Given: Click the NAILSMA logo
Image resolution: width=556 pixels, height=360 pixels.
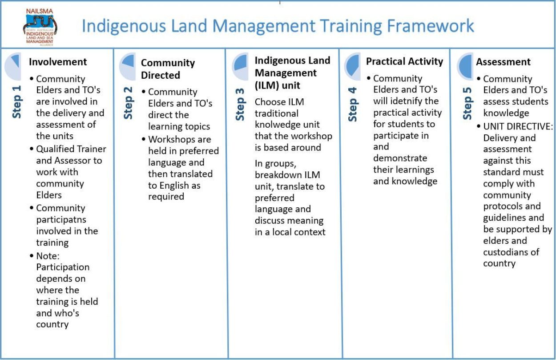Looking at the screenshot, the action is (40, 27).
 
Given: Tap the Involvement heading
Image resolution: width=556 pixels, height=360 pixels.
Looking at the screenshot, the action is (58, 62).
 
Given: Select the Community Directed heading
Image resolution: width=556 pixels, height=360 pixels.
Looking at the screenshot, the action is (168, 69).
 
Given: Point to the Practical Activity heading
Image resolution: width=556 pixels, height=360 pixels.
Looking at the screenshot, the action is (405, 61).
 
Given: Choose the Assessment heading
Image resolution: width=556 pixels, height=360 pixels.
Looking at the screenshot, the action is (503, 62).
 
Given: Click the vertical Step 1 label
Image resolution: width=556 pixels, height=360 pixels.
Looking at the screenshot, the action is (16, 102).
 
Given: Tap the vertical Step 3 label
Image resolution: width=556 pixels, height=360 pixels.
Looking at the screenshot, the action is (240, 104).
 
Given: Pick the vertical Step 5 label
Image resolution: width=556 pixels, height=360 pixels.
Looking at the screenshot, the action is (467, 103).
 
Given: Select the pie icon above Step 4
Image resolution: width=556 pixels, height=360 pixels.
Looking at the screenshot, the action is (352, 66).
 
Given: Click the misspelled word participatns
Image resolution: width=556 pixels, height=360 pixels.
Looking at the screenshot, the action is (61, 220).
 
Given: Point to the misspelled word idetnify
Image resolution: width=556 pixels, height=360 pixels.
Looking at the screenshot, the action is (406, 101).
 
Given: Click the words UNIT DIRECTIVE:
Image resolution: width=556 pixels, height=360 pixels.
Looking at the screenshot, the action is (518, 126).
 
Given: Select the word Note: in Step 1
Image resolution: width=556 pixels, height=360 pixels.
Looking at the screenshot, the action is (48, 256).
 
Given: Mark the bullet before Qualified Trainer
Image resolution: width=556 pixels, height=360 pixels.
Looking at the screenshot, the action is (31, 149).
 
